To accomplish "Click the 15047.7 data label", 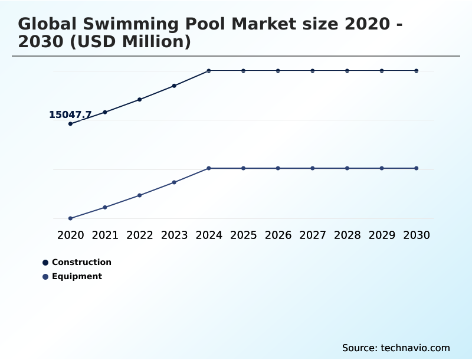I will pos(70,115).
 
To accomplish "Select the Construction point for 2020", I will pos(70,124).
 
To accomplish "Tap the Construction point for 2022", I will pos(140,99).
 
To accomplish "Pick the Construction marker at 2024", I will pos(209,71).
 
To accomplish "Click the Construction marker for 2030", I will pos(416,71).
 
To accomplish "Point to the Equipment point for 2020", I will pos(70,218).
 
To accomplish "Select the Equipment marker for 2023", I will pos(174,182).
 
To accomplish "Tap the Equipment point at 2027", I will pos(313,168).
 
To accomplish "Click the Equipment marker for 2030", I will pos(416,168).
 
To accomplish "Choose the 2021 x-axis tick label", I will pos(105,235).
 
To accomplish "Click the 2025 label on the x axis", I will pos(243,235).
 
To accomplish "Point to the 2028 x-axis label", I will pos(347,235).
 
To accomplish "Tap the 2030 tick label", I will pos(416,235).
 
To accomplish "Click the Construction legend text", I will pos(81,262).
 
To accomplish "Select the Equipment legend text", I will pos(77,276).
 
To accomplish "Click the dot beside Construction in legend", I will pos(45,263).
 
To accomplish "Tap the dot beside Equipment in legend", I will pos(45,277).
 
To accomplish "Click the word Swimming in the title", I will pos(122,24).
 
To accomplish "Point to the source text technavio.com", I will pos(415,348).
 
